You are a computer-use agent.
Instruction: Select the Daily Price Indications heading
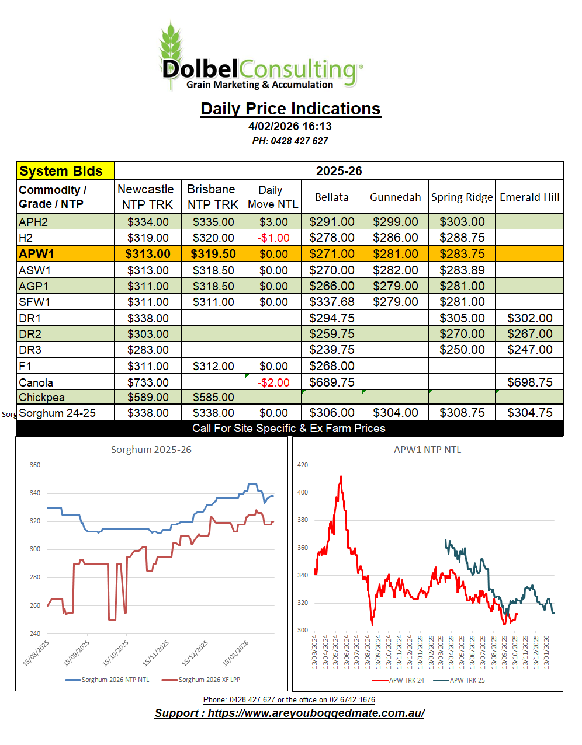[x=290, y=109]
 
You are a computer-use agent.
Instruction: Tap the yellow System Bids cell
[x=65, y=171]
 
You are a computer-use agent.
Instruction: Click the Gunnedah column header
[x=395, y=197]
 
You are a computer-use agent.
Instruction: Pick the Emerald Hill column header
[x=529, y=197]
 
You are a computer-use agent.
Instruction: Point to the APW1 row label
[x=36, y=254]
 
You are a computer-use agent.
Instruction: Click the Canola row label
[x=36, y=382]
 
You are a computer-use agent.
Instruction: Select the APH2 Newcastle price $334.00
[x=148, y=222]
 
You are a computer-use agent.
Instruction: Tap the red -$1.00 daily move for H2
[x=273, y=238]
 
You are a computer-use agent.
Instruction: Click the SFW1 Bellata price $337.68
[x=331, y=302]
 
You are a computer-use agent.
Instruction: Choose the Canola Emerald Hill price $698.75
[x=529, y=382]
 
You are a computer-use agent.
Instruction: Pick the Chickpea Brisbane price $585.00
[x=213, y=397]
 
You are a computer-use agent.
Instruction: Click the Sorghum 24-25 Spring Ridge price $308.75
[x=462, y=413]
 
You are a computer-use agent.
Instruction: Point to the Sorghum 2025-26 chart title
[x=151, y=450]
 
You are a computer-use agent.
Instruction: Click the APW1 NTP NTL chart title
[x=427, y=450]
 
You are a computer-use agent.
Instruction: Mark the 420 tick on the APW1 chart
[x=303, y=465]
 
